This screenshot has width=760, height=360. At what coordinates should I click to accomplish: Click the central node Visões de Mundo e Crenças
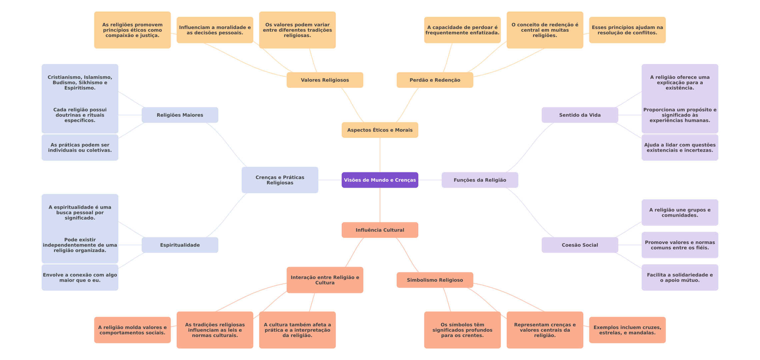pyautogui.click(x=380, y=180)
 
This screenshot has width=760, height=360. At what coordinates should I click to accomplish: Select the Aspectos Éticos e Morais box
pyautogui.click(x=380, y=130)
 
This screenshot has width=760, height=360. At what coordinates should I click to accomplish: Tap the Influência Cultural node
pyautogui.click(x=380, y=230)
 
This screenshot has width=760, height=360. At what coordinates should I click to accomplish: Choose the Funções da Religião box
pyautogui.click(x=480, y=180)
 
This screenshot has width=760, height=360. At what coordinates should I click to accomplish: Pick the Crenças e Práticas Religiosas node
pyautogui.click(x=280, y=180)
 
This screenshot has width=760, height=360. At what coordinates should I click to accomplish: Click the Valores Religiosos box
pyautogui.click(x=325, y=80)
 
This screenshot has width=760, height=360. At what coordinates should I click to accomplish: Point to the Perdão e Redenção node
pyautogui.click(x=435, y=80)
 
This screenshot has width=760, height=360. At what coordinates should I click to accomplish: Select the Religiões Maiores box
pyautogui.click(x=180, y=115)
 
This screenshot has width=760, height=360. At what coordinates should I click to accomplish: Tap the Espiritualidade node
pyautogui.click(x=180, y=245)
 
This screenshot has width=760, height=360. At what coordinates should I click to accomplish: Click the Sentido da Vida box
pyautogui.click(x=580, y=115)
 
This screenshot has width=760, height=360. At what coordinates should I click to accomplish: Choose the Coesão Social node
pyautogui.click(x=580, y=245)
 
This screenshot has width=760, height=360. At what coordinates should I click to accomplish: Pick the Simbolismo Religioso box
pyautogui.click(x=435, y=280)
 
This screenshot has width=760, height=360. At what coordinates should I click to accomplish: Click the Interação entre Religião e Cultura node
pyautogui.click(x=325, y=280)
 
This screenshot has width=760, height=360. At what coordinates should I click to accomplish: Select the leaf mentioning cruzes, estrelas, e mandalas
pyautogui.click(x=627, y=330)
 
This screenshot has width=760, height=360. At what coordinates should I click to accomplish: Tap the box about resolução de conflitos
pyautogui.click(x=627, y=30)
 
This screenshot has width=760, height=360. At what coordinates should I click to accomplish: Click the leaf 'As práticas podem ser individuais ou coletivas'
pyautogui.click(x=80, y=148)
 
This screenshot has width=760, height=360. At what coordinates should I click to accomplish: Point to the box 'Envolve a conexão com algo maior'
pyautogui.click(x=80, y=278)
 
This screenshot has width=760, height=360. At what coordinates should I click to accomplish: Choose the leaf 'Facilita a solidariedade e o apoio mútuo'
pyautogui.click(x=680, y=278)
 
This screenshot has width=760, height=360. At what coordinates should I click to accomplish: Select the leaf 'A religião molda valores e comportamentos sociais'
pyautogui.click(x=132, y=330)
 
